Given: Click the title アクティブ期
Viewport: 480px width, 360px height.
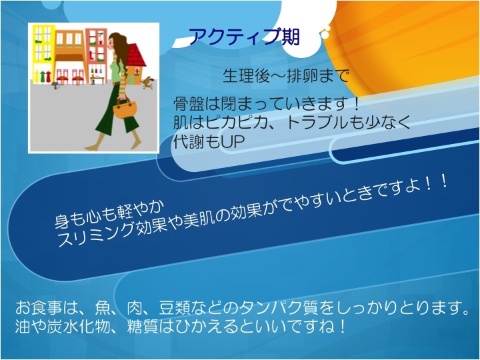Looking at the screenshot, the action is (244, 37).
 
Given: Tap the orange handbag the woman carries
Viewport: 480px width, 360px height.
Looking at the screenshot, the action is (125, 109).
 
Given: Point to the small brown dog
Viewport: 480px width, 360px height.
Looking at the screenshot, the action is (147, 83).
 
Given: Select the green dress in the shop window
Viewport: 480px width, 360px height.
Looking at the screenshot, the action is (42, 77).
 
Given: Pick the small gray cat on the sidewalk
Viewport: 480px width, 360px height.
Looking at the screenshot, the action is (55, 85).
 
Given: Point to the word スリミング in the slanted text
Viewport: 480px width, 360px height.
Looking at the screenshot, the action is (95, 235).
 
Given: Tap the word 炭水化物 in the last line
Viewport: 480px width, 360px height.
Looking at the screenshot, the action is (79, 327).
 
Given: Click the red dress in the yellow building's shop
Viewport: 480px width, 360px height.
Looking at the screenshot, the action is (48, 77).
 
